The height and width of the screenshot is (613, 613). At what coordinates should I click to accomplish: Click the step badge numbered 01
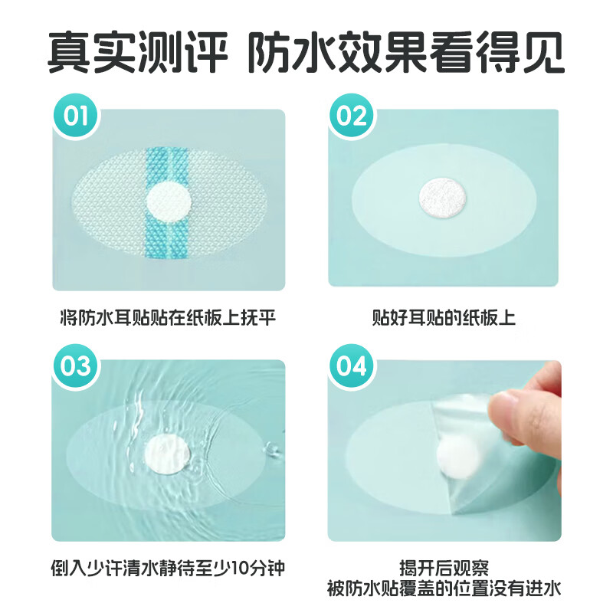76,116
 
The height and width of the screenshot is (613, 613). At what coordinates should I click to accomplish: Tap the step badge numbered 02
352,116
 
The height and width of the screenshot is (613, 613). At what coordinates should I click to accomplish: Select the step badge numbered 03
76,366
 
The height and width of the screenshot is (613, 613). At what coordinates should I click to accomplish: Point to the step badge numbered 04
352,366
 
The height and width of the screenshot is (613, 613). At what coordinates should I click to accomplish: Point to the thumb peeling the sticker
529,418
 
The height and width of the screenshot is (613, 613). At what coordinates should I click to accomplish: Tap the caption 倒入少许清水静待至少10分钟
168,569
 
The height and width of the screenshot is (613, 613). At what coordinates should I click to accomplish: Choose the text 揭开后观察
443,569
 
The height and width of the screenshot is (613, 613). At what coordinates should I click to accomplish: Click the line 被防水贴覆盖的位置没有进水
443,588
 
